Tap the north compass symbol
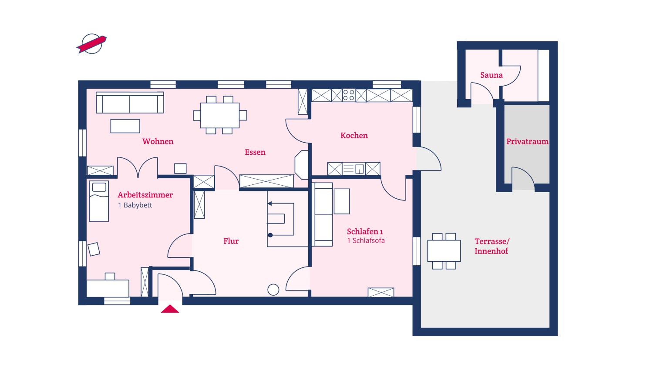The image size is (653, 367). pyautogui.click(x=92, y=44)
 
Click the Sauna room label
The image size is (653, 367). pyautogui.click(x=491, y=75)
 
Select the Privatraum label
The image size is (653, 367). pyautogui.click(x=527, y=142)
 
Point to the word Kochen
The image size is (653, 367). pyautogui.click(x=354, y=135)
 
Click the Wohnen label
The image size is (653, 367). pyautogui.click(x=158, y=141)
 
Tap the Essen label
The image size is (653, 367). pyautogui.click(x=255, y=152)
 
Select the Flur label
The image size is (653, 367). pyautogui.click(x=231, y=241)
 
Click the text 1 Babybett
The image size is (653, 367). pyautogui.click(x=135, y=205)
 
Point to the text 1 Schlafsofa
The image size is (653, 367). pyautogui.click(x=366, y=240)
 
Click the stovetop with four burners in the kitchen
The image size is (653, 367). pyautogui.click(x=348, y=95)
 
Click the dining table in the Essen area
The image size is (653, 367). pyautogui.click(x=220, y=115)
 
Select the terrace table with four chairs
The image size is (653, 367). pyautogui.click(x=444, y=251)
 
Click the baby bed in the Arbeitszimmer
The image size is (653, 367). pyautogui.click(x=99, y=201)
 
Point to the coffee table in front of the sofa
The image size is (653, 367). pyautogui.click(x=125, y=126)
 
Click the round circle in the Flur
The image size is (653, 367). pyautogui.click(x=273, y=290)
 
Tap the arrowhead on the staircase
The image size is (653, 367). pyautogui.click(x=270, y=203)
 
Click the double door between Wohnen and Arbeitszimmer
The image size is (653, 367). pyautogui.click(x=137, y=167)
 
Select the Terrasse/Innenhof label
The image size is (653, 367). pyautogui.click(x=492, y=246)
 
